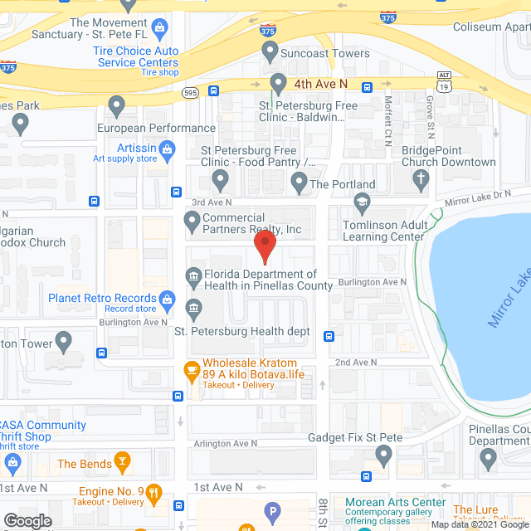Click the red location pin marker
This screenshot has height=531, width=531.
(x=264, y=246)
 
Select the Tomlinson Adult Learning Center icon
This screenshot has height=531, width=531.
(x=362, y=202)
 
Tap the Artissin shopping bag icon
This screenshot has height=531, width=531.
(x=167, y=150)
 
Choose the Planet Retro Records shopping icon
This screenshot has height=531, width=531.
(x=167, y=298)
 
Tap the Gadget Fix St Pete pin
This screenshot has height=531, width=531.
(x=383, y=454)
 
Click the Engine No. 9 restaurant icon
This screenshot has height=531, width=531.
(x=153, y=494)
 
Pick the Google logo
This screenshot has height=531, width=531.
(x=27, y=520)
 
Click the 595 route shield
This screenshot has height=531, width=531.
(x=190, y=93)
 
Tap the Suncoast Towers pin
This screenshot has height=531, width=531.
(x=270, y=52)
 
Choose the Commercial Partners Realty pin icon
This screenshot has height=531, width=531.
(x=192, y=222)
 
